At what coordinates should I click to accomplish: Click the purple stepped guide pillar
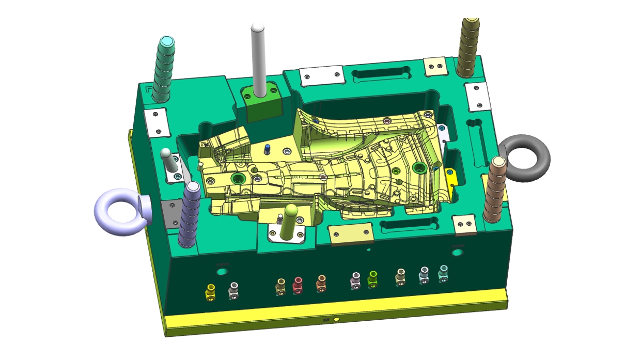point(190,214)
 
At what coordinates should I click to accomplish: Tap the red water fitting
point(298,285)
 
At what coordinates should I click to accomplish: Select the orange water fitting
point(321,283)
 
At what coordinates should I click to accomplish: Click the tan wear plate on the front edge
point(351,233)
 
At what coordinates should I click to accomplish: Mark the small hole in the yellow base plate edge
point(336,320)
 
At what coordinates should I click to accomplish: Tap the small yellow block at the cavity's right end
point(452,183)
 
